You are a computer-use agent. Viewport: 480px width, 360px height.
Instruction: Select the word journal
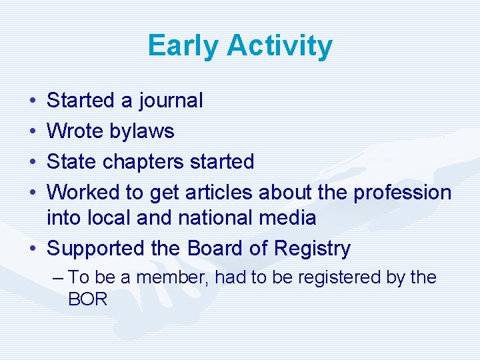tap(171, 101)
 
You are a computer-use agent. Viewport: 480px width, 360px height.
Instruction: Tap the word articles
tap(217, 192)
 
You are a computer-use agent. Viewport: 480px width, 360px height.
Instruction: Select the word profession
tap(402, 192)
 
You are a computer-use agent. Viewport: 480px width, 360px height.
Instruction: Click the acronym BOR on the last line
tap(87, 299)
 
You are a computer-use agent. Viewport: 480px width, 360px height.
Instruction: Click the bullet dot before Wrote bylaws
tap(33, 132)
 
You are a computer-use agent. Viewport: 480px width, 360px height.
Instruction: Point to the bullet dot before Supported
tap(33, 249)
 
